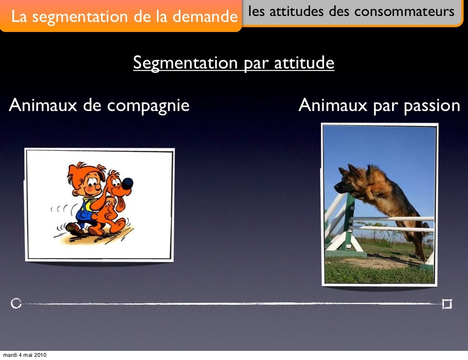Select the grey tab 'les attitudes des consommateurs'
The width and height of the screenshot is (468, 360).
[352, 12]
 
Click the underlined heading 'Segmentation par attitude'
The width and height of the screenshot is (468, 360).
[234, 63]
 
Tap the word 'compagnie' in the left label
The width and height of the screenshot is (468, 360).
[148, 106]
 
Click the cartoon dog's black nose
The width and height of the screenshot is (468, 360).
[128, 183]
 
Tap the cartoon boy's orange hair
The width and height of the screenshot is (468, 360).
[78, 171]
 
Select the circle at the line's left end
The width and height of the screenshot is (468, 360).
[16, 303]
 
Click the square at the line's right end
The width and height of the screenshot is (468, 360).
[447, 304]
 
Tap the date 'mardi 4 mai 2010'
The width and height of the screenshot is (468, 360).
[24, 355]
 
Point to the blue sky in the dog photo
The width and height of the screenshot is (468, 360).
[388, 146]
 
